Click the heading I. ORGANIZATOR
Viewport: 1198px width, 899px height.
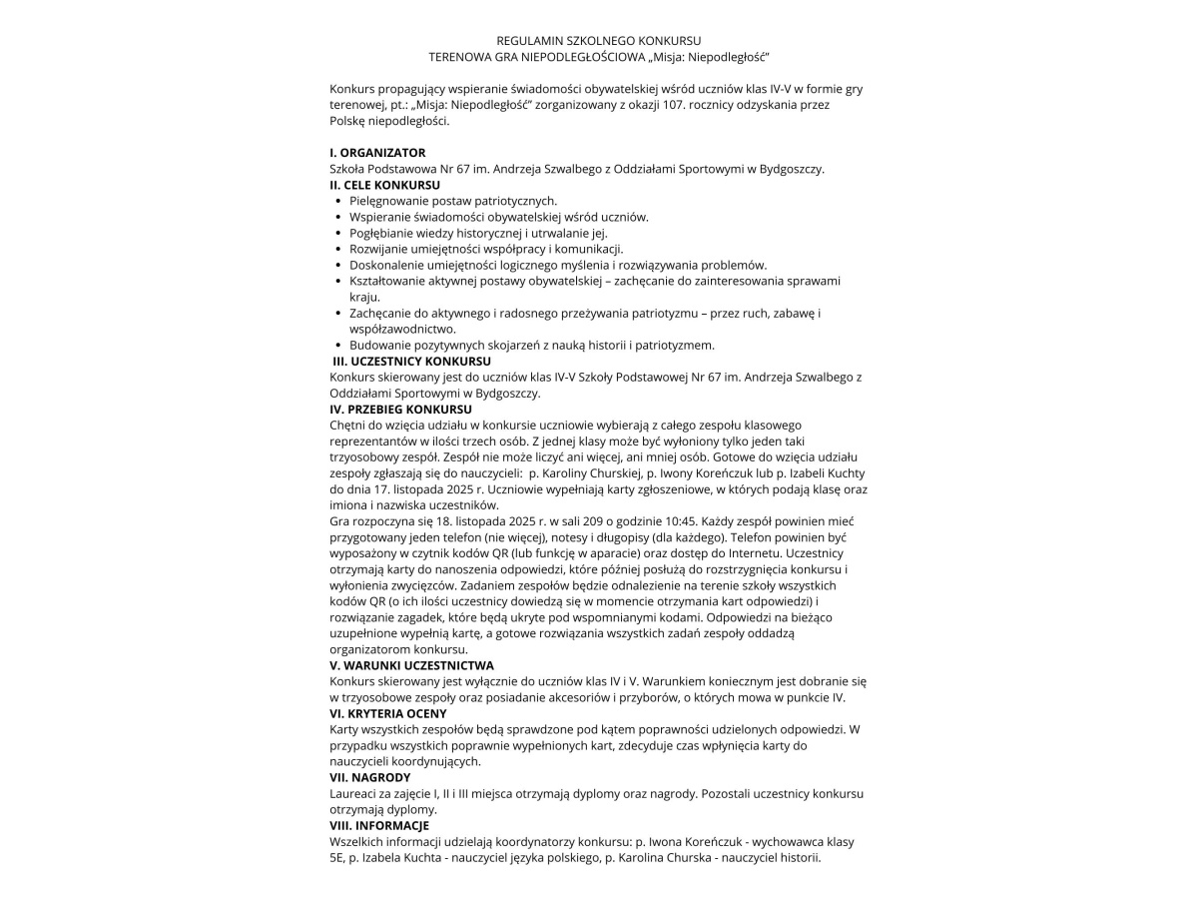tap(377, 153)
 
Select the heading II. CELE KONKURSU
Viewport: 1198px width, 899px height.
tap(384, 185)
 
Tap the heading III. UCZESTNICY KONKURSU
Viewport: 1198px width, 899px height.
tap(411, 361)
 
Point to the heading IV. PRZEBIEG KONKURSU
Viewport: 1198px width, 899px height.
tap(400, 409)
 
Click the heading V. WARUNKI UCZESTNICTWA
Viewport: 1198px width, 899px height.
tap(411, 665)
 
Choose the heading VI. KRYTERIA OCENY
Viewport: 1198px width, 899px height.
tap(388, 713)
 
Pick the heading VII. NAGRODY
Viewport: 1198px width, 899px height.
tap(369, 777)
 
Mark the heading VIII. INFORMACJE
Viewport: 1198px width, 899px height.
tap(379, 825)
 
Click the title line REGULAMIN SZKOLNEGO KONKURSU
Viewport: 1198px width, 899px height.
tap(599, 41)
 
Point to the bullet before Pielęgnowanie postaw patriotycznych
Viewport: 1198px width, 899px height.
tap(338, 202)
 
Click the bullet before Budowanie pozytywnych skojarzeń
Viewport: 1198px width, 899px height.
tap(338, 346)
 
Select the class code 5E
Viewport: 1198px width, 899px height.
tap(336, 857)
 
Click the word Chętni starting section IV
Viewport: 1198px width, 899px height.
tap(348, 425)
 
